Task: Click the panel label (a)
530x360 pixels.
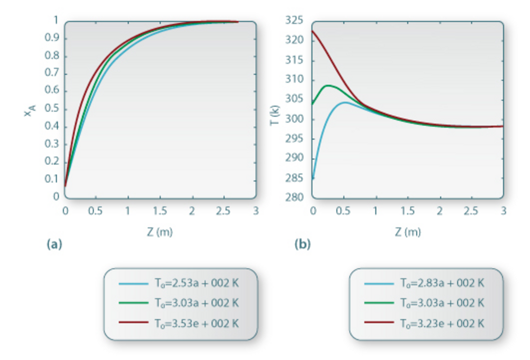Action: (53, 244)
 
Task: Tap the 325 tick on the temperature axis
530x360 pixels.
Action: (294, 21)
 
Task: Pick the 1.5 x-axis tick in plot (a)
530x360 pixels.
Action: (160, 211)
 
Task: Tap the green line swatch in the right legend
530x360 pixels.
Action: (377, 304)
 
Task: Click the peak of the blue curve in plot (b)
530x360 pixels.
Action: (345, 102)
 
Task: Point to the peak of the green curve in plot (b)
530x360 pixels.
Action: (327, 85)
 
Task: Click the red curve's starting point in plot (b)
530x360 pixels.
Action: (313, 31)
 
